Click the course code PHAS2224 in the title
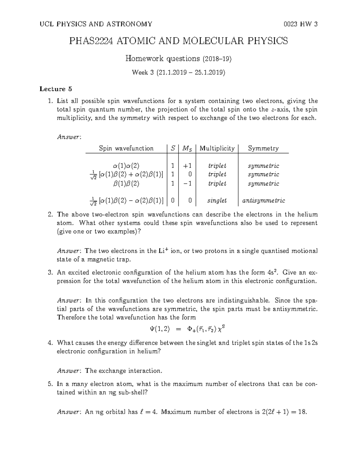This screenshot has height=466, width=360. tap(91, 41)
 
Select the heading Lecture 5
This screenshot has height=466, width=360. tap(55, 89)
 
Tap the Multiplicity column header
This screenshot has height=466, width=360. tap(217, 148)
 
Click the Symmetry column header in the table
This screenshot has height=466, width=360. tap(263, 148)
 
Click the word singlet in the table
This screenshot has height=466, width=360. tap(217, 200)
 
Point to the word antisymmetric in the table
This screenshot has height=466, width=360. tap(263, 200)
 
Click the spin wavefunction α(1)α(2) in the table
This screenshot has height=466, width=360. tap(126, 166)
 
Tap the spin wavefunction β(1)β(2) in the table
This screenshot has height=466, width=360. tap(126, 183)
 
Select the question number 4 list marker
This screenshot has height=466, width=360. tap(50, 343)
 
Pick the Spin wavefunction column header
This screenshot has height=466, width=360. tap(126, 148)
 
